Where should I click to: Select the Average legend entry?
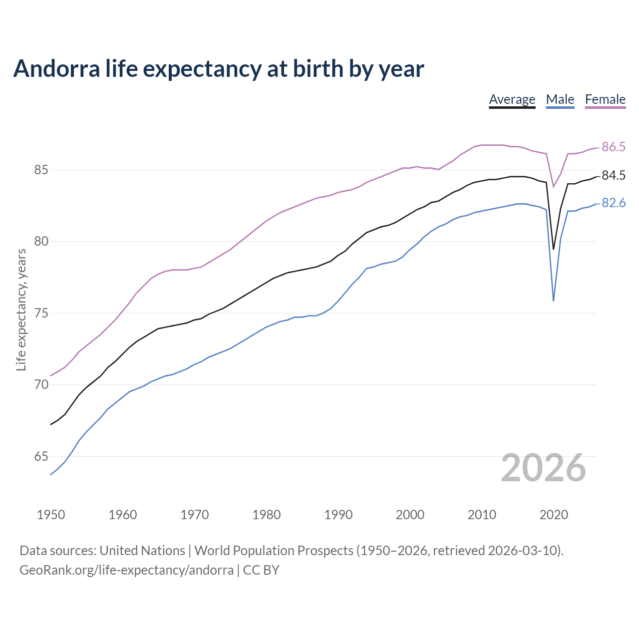[512, 99]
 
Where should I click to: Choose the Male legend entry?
[560, 99]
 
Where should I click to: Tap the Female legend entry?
[605, 99]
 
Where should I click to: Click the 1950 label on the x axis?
[51, 515]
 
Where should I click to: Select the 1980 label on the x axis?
[267, 515]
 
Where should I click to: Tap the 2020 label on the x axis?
[554, 515]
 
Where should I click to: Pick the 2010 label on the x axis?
[482, 515]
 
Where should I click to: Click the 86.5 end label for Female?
[614, 147]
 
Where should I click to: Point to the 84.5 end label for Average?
[614, 175]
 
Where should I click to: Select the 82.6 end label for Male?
[614, 203]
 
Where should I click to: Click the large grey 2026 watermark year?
[543, 468]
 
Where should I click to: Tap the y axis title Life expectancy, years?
[21, 310]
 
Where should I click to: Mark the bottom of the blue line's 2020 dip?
[553, 301]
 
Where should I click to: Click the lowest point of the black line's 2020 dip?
[553, 249]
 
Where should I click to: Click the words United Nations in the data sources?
[142, 551]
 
